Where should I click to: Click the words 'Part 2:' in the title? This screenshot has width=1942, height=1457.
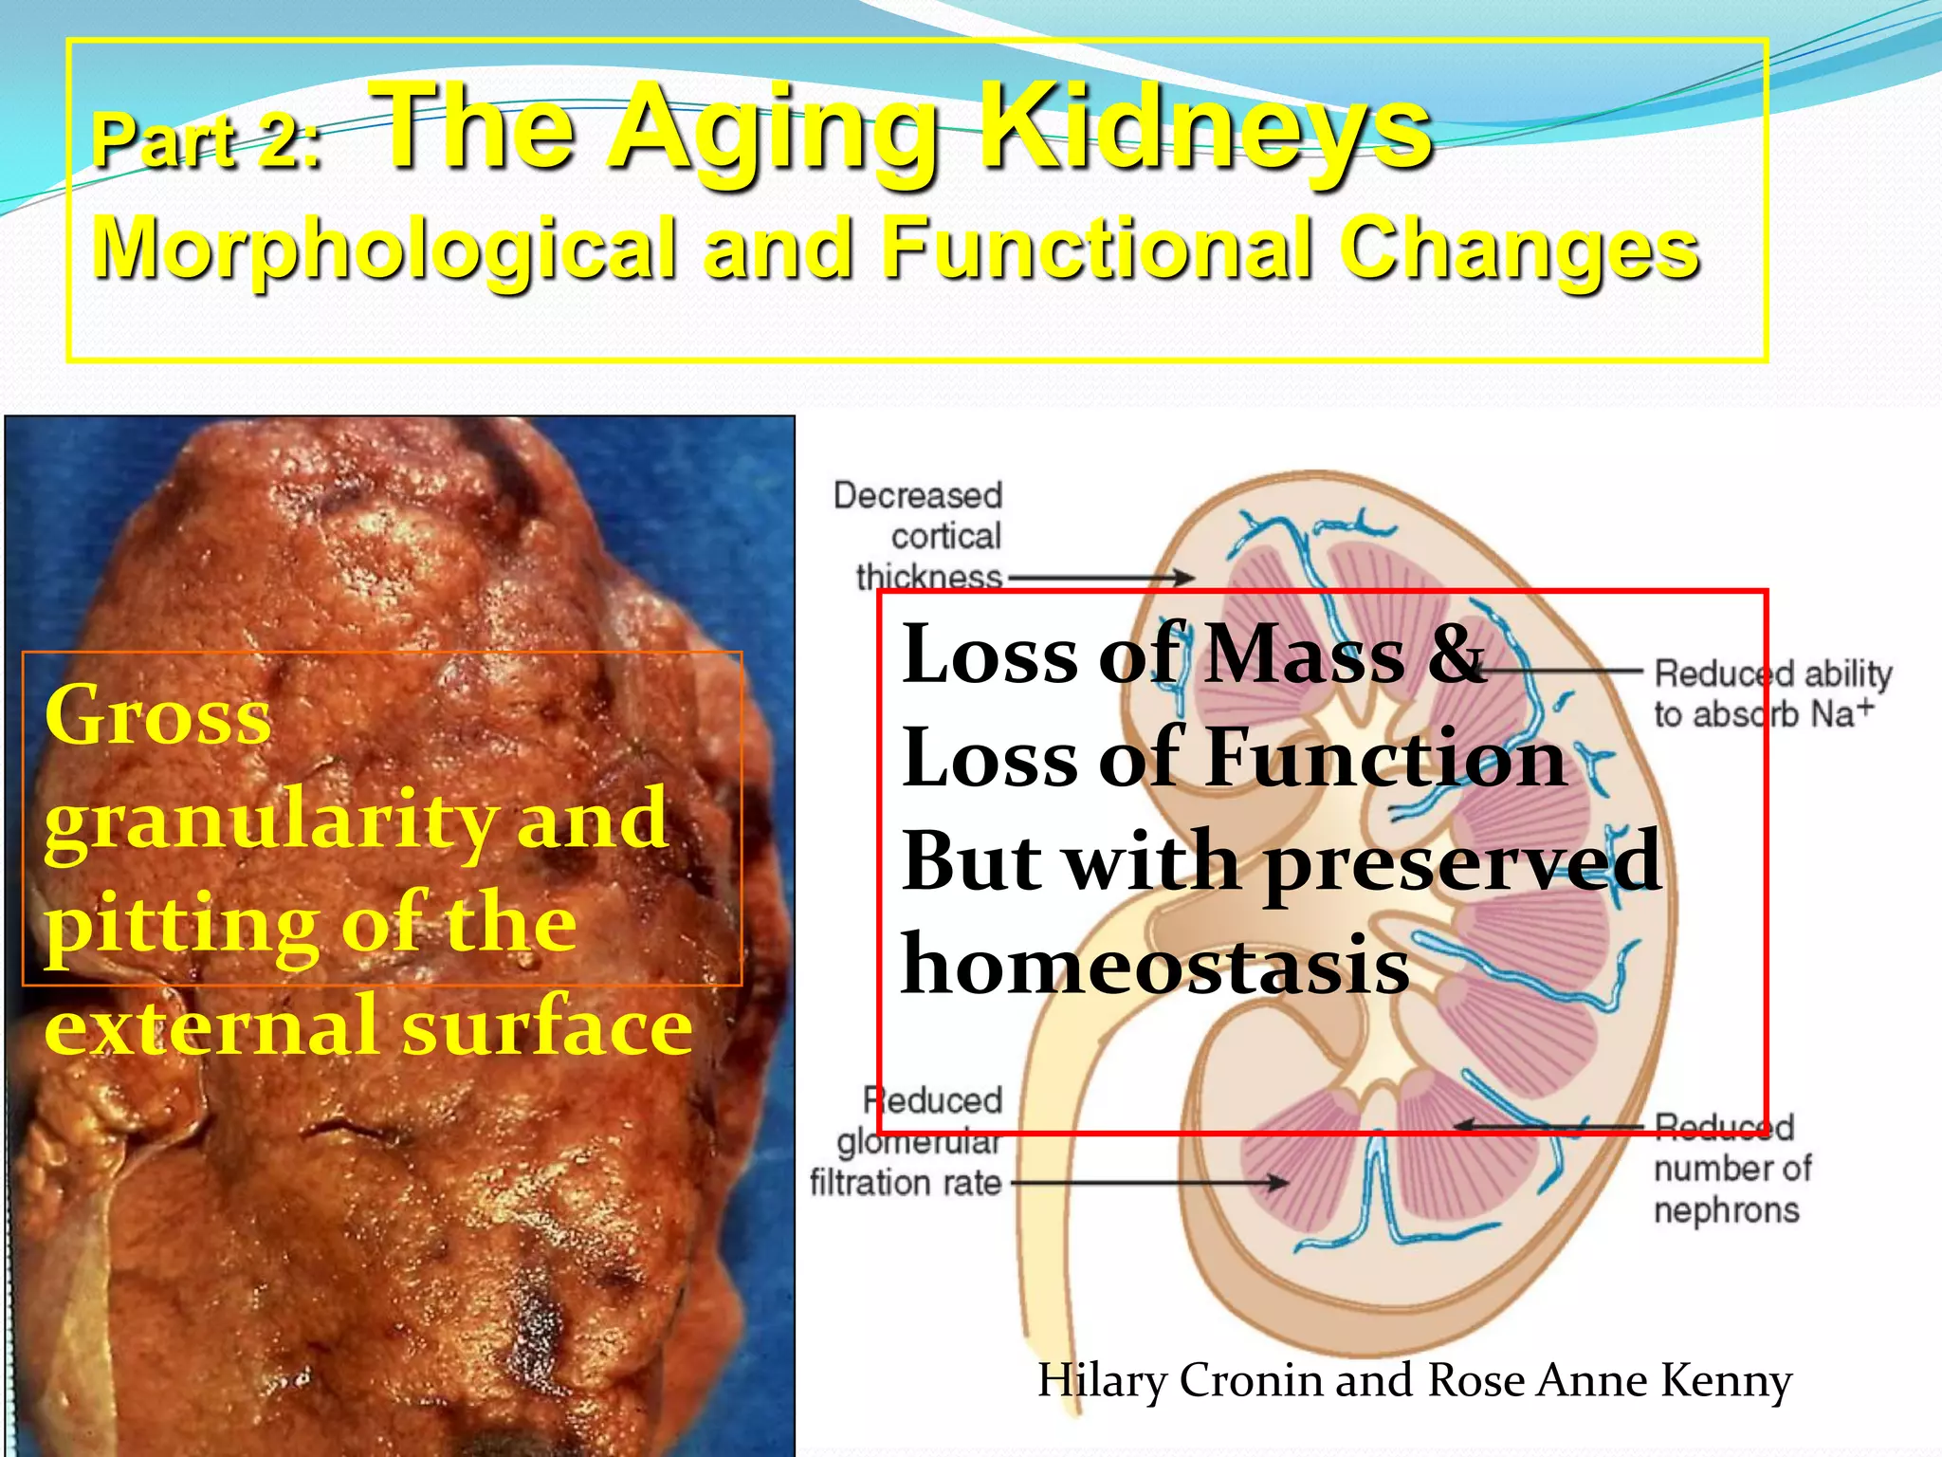[207, 140]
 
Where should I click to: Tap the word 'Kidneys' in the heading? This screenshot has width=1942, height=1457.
[1204, 128]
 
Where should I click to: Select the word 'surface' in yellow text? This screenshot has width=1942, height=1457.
[547, 1026]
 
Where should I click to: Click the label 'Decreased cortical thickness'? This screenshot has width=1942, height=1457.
[925, 536]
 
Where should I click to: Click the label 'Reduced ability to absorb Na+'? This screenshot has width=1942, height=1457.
[1771, 693]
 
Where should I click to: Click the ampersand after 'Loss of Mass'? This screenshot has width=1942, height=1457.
[1456, 655]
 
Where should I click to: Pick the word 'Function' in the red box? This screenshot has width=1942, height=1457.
[1384, 759]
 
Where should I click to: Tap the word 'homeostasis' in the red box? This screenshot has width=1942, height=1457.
[1155, 966]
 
